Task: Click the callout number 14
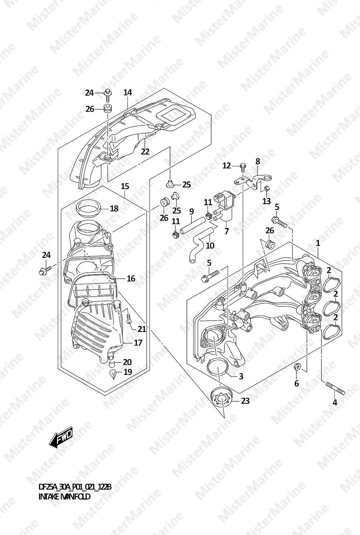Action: [128, 92]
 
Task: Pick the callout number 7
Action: [226, 231]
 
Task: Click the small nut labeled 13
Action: [267, 189]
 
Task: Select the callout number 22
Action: [145, 151]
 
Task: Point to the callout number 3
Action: [241, 376]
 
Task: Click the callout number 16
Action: [131, 279]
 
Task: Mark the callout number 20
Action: [127, 362]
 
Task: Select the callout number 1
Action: [318, 243]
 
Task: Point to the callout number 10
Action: [210, 245]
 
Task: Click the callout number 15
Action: [125, 186]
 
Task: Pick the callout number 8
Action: [258, 162]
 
